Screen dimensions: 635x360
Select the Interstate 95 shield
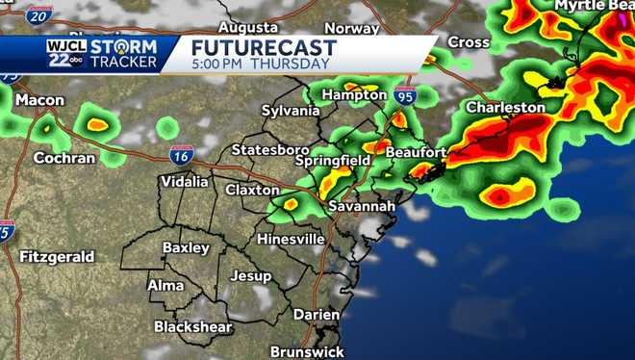(405, 94)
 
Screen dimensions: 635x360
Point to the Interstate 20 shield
(38, 14)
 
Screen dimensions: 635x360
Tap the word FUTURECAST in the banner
(264, 47)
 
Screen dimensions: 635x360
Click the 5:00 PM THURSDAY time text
(260, 64)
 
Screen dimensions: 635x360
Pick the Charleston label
(505, 108)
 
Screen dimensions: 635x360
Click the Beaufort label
(416, 152)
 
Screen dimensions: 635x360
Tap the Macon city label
(39, 100)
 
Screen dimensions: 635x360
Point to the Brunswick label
(307, 351)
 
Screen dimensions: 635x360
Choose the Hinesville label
(291, 239)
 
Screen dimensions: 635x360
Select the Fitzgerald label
(57, 257)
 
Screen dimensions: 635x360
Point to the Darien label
(317, 314)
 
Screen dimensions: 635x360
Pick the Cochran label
(64, 158)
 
